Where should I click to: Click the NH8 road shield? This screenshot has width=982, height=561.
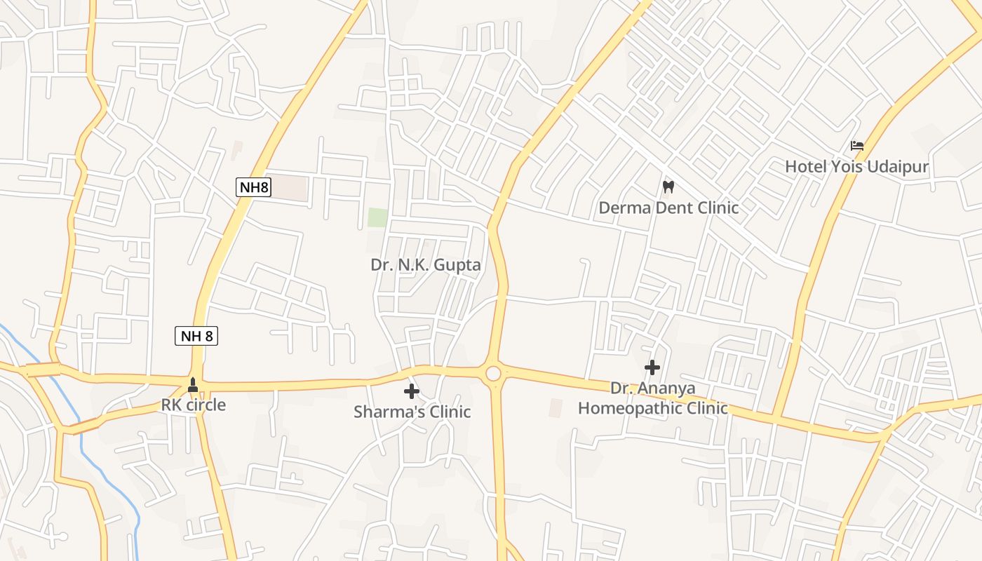click(x=253, y=187)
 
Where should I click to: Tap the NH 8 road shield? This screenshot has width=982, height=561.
click(x=196, y=336)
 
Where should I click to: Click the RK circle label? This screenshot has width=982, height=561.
click(x=194, y=405)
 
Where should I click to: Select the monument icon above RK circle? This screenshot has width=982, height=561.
click(x=193, y=385)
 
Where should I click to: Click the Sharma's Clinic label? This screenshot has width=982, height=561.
click(x=412, y=412)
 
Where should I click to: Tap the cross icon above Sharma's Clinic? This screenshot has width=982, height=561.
click(x=412, y=391)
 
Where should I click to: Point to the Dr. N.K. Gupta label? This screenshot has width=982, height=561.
click(x=426, y=265)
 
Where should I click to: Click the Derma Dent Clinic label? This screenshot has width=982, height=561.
click(x=668, y=208)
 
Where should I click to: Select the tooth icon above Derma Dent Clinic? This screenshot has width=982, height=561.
click(x=668, y=187)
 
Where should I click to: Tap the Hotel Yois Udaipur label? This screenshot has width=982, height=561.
click(x=856, y=167)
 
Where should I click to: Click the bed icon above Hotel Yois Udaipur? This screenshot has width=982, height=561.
click(x=856, y=146)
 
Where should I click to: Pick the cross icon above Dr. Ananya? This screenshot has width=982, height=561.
click(x=652, y=367)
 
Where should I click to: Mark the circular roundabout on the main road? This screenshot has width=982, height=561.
click(x=494, y=373)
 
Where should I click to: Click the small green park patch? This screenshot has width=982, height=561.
click(x=377, y=217)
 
